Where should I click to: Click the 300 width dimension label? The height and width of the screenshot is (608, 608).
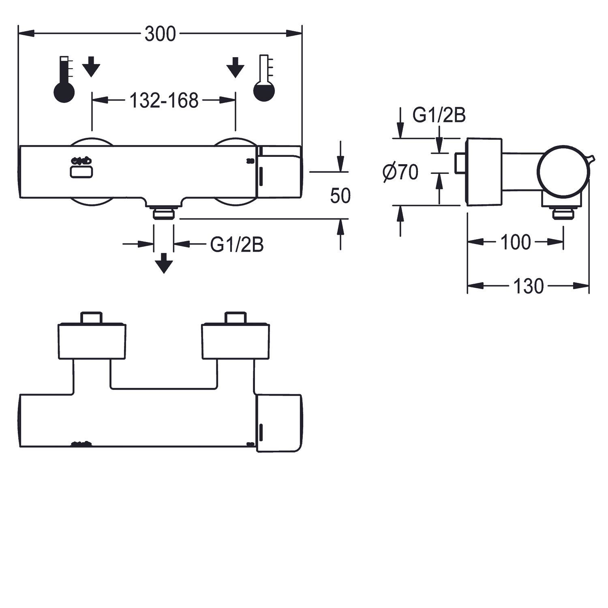pyautogui.click(x=160, y=34)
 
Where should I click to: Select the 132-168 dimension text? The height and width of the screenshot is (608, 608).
pyautogui.click(x=164, y=101)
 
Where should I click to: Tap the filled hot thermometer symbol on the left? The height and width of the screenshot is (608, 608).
pyautogui.click(x=64, y=79)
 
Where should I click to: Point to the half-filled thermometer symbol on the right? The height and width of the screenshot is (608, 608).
pyautogui.click(x=264, y=78)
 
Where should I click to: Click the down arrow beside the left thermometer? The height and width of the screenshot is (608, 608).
pyautogui.click(x=91, y=67)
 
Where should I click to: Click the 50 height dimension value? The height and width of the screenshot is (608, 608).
pyautogui.click(x=340, y=196)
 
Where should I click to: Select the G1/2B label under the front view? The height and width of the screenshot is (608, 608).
pyautogui.click(x=237, y=244)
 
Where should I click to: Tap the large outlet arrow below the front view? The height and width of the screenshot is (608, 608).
pyautogui.click(x=164, y=263)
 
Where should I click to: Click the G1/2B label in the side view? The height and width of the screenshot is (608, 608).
pyautogui.click(x=439, y=116)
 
